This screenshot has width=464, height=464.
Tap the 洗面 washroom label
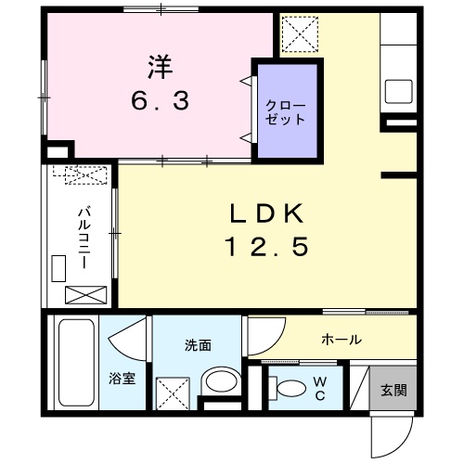[198, 346]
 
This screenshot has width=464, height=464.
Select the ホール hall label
[342, 340]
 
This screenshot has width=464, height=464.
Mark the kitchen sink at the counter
[399, 91]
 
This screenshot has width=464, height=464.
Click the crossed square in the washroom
[172, 393]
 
